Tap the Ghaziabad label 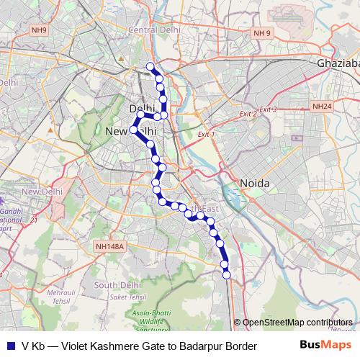pyautogui.click(x=338, y=64)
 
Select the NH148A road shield pyautogui.click(x=110, y=246)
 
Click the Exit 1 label pyautogui.click(x=206, y=135)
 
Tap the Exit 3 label pyautogui.click(x=268, y=109)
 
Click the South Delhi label pyautogui.click(x=116, y=285)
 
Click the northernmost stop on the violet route pyautogui.click(x=150, y=67)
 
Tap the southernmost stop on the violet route pyautogui.click(x=226, y=275)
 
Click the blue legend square pyautogui.click(x=9, y=346)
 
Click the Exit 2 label pyautogui.click(x=248, y=114)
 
